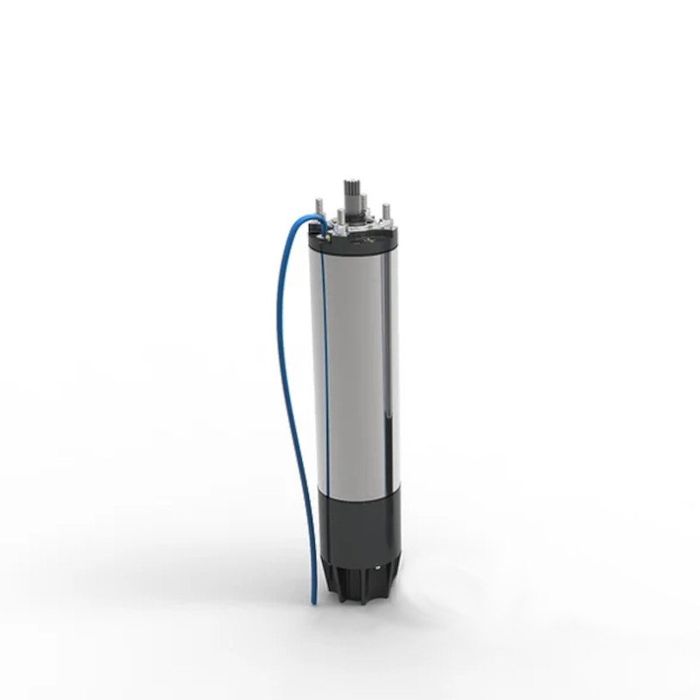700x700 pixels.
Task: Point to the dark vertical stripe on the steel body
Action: coord(382,367)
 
